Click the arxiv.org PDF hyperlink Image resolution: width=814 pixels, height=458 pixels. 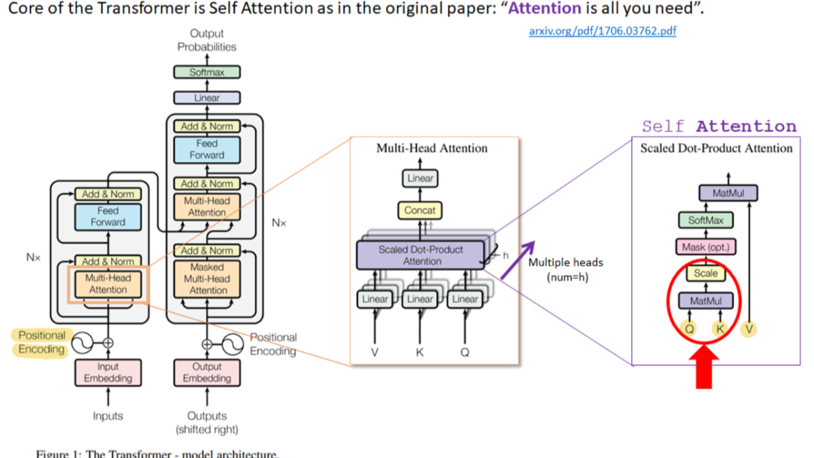602,31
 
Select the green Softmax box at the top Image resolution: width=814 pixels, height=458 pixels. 207,72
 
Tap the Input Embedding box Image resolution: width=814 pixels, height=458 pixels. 108,373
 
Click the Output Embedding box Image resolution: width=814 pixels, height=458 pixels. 207,373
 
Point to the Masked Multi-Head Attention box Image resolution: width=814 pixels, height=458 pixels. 207,279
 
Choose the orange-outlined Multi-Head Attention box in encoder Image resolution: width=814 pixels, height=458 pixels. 108,284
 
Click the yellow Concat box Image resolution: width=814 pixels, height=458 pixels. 420,211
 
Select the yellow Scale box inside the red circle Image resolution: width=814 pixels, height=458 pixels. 705,274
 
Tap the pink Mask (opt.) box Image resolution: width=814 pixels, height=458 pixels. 705,247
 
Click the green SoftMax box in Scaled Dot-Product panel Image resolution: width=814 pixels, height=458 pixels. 705,221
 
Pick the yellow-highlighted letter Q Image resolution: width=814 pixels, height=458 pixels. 689,328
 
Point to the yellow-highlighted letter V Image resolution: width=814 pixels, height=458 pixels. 749,328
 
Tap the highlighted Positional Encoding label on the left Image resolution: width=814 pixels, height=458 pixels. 41,342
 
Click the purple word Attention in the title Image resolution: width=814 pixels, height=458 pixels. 544,9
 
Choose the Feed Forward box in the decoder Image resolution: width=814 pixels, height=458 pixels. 207,149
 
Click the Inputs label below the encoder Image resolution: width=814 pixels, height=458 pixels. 108,416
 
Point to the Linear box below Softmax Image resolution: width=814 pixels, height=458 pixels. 207,98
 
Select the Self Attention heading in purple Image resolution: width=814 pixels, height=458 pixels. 719,127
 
